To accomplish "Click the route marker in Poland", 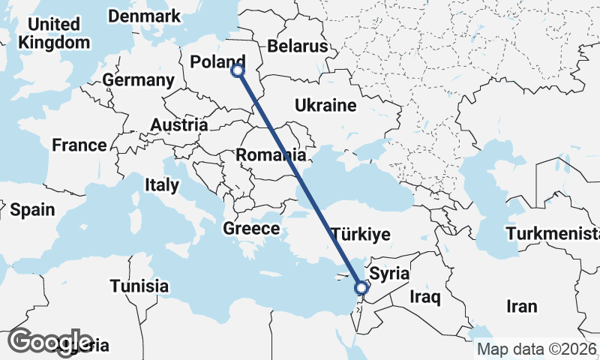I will pyautogui.click(x=238, y=70).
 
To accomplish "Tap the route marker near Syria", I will pyautogui.click(x=361, y=287).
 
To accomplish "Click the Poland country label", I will pyautogui.click(x=218, y=62).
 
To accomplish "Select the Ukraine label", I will pyautogui.click(x=325, y=105).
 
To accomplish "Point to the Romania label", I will pyautogui.click(x=271, y=156).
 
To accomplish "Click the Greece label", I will pyautogui.click(x=251, y=229).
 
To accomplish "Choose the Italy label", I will pyautogui.click(x=162, y=184).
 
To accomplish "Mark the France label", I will pyautogui.click(x=79, y=145).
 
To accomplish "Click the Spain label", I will pyautogui.click(x=32, y=210).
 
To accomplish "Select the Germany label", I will pyautogui.click(x=139, y=80).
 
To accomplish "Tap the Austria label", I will pyautogui.click(x=179, y=124).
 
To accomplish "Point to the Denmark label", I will pyautogui.click(x=144, y=16).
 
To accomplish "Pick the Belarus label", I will pyautogui.click(x=298, y=46).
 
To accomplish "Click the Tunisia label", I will pyautogui.click(x=139, y=286).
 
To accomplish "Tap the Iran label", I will pyautogui.click(x=522, y=306).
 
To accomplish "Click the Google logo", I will pyautogui.click(x=50, y=341).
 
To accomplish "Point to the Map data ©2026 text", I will pyautogui.click(x=537, y=349).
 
